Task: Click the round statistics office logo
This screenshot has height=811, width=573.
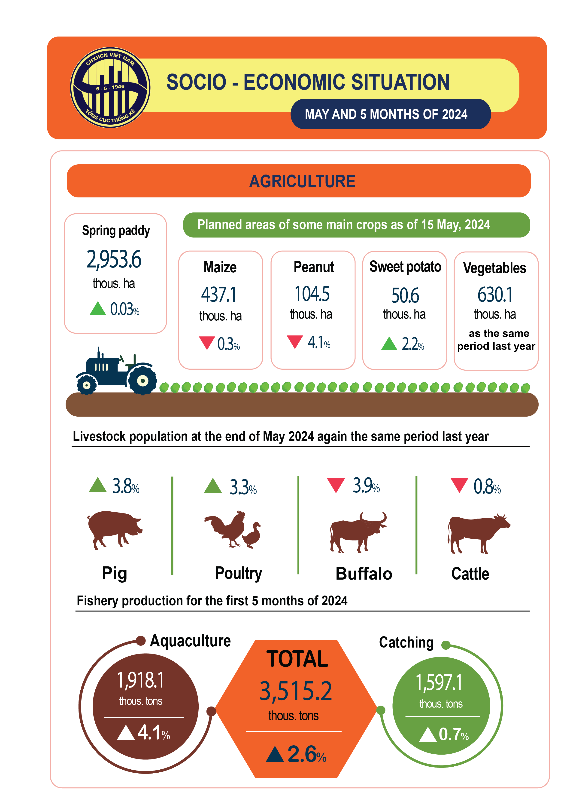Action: [x=110, y=88]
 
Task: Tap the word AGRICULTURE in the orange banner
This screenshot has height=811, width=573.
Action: [x=302, y=181]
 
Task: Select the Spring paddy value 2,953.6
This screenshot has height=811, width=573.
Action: [x=114, y=259]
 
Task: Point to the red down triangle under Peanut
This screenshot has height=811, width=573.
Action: [x=295, y=341]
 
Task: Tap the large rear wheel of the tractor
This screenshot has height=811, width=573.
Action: [x=142, y=381]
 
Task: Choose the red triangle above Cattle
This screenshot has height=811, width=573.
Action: [x=459, y=485]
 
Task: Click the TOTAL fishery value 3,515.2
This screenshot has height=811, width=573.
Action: [x=296, y=691]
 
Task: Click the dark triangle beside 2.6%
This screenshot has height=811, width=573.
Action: [x=275, y=755]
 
